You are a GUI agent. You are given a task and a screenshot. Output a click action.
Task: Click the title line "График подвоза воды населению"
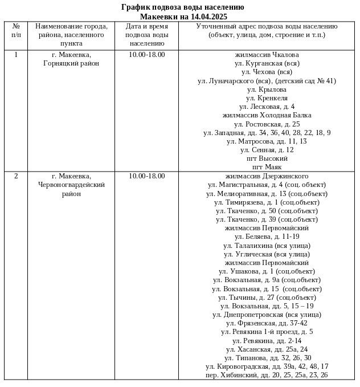coord(183,7)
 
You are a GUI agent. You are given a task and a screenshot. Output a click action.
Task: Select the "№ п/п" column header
coord(16,31)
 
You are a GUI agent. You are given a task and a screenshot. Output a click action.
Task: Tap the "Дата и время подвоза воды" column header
coord(146,35)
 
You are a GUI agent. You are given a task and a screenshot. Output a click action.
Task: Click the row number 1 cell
coord(16,55)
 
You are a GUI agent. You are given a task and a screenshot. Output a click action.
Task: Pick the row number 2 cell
coord(16,176)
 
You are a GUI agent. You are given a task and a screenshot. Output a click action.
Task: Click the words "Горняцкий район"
coord(71,63)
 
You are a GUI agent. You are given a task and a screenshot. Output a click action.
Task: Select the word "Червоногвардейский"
coord(71,185)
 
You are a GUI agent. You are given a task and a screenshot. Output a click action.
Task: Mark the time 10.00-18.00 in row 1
coord(146,55)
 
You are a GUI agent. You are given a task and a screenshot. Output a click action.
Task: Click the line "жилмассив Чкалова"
coord(267,55)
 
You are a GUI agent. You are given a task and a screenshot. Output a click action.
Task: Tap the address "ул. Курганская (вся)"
coord(267,63)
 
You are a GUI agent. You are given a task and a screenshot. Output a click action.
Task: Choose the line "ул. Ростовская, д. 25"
coord(267,124)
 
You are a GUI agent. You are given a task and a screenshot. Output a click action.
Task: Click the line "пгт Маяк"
coord(267,167)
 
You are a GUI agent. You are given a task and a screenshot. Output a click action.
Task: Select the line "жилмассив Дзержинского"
coord(267,176)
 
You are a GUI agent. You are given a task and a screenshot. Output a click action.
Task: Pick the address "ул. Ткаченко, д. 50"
coord(267,211)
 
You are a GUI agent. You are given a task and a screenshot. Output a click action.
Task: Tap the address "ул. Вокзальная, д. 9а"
coord(267,280)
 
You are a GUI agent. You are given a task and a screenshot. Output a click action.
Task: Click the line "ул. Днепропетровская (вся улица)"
coord(267,315)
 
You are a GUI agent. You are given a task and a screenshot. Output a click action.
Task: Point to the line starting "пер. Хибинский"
coord(267,375)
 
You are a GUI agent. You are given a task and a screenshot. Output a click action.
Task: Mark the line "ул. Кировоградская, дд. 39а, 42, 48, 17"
coord(267,366)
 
